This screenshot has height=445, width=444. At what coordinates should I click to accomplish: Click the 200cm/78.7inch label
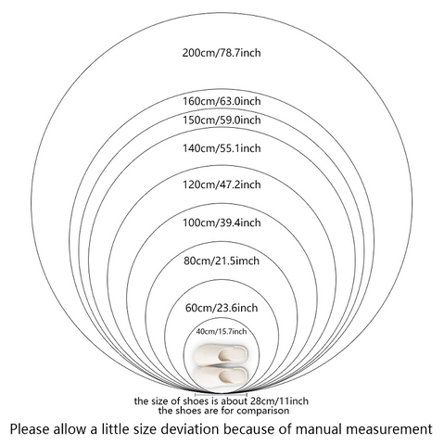coord(222,53)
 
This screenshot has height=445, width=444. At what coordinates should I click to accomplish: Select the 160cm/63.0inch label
coord(222,101)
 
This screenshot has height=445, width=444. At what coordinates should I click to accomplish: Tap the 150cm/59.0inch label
coord(222,120)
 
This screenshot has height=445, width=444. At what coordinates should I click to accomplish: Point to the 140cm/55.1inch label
coord(222,148)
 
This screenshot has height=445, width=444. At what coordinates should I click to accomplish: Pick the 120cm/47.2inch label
coord(222,184)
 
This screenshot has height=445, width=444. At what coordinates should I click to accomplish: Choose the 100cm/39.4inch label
coord(222,222)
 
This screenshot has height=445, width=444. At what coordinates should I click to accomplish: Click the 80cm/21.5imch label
coord(222,261)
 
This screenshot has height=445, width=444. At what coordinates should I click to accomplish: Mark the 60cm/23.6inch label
coord(222,308)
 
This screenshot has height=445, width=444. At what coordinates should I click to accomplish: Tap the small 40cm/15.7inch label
coord(222,332)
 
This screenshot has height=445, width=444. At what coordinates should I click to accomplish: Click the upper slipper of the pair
coord(221,354)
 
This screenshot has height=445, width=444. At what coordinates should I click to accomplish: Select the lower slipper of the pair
coord(221,375)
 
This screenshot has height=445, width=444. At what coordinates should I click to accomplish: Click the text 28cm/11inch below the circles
coord(279,401)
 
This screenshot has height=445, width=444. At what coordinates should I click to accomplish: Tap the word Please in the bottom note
coord(30,429)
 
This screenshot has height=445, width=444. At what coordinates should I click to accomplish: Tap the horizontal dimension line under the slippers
coord(221,394)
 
